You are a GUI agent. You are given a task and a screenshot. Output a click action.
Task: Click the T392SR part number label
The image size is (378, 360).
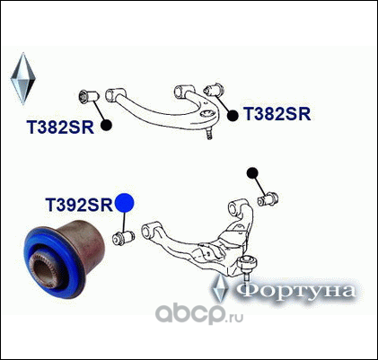(79, 205)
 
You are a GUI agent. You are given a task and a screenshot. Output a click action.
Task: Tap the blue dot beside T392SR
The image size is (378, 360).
(125, 203)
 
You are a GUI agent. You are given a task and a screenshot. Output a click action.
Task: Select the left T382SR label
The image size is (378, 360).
(60, 127)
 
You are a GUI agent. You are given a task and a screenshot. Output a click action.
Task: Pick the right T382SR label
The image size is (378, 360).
(277, 114)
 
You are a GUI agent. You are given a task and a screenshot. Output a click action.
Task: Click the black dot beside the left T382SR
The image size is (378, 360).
(106, 125)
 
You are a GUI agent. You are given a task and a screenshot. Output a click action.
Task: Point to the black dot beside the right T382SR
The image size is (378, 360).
(233, 116)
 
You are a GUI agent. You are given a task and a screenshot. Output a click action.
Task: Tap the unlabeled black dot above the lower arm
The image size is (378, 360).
(252, 172)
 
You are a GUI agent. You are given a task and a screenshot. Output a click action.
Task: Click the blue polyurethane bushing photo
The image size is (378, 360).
(65, 259)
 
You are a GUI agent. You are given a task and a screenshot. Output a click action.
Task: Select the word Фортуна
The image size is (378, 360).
(296, 290)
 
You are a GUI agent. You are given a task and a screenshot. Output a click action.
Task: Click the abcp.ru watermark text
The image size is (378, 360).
(199, 313)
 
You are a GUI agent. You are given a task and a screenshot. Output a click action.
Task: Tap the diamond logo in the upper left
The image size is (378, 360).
(23, 79)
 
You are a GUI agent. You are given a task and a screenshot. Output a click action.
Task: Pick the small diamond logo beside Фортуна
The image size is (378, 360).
(220, 288)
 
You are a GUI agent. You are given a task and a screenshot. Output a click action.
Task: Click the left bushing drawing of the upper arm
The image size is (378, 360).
(88, 97)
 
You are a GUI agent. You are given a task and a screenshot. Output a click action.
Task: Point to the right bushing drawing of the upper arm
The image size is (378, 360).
(214, 90)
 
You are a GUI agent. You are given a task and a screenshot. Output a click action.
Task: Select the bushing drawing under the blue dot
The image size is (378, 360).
(123, 238)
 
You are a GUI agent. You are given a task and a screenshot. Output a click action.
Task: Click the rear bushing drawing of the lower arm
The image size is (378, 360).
(268, 199)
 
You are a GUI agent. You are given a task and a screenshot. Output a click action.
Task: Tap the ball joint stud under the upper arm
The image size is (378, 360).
(209, 134)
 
